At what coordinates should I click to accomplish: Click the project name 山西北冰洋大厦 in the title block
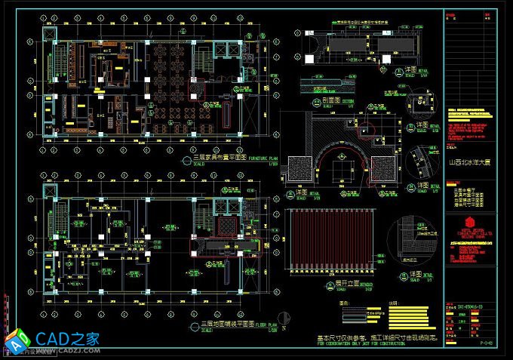(472, 162)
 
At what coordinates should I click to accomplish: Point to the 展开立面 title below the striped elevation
(340, 285)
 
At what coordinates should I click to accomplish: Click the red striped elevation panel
(330, 242)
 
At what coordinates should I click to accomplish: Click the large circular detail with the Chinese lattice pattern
(416, 241)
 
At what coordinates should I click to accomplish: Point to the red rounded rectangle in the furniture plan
(225, 113)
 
